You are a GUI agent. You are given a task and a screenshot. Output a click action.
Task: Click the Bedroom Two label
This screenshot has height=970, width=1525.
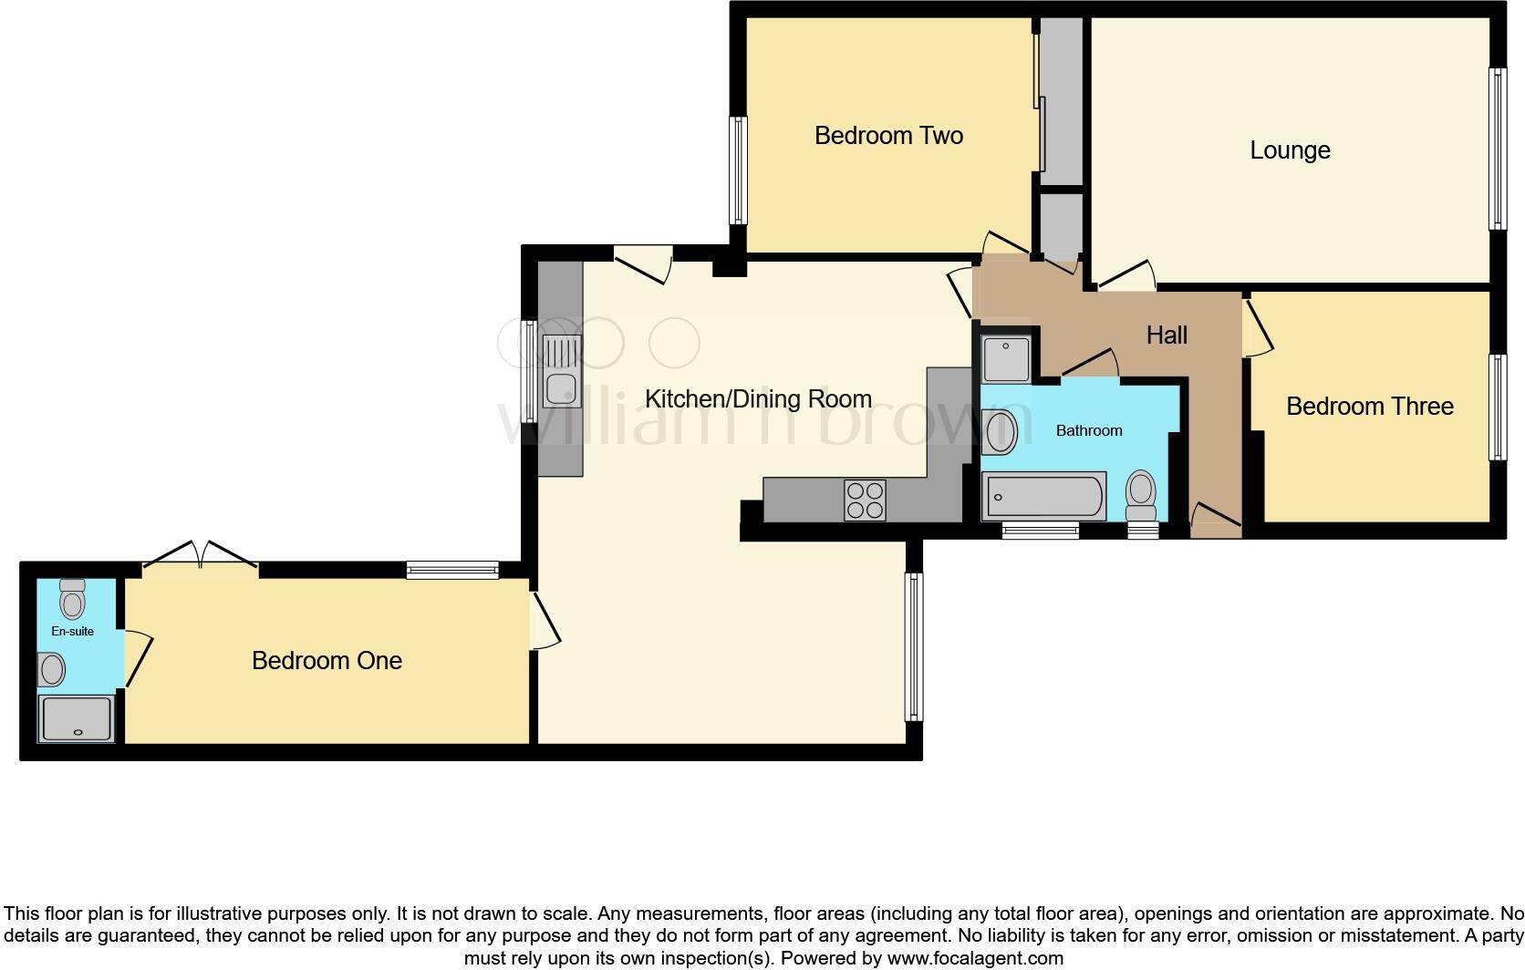click(888, 136)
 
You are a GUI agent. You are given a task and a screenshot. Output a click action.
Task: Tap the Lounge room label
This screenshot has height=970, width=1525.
click(1289, 150)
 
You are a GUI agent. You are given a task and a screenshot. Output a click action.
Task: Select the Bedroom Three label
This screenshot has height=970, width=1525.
click(1369, 407)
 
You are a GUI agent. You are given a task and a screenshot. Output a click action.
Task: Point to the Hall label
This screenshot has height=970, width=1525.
click(1167, 335)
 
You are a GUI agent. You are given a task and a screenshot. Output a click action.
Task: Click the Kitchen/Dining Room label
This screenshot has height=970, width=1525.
click(758, 399)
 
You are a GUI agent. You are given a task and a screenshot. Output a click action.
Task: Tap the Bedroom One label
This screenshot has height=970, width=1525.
click(327, 661)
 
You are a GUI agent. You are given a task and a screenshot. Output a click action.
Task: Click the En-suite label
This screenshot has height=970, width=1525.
click(72, 631)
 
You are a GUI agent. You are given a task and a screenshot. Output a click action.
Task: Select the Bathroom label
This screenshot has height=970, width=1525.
click(1088, 430)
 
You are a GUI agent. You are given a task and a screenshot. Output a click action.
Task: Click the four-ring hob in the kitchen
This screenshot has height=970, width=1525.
click(865, 500)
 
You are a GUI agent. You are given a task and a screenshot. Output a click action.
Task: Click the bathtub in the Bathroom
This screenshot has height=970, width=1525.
click(1043, 497)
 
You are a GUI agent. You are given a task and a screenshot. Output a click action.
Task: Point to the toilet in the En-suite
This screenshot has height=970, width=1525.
click(72, 599)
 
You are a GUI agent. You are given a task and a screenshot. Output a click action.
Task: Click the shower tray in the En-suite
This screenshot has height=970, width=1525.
click(77, 718)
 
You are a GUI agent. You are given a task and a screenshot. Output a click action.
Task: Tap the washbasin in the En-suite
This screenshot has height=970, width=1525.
click(52, 670)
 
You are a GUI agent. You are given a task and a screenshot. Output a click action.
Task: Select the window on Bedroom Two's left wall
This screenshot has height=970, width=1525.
click(738, 170)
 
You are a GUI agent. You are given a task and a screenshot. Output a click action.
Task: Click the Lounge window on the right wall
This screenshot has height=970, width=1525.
click(1497, 149)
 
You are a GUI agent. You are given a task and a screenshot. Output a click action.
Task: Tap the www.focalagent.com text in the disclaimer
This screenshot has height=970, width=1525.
click(974, 958)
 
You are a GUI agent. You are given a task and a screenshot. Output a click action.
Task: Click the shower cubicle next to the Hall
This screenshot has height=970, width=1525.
click(1006, 359)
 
